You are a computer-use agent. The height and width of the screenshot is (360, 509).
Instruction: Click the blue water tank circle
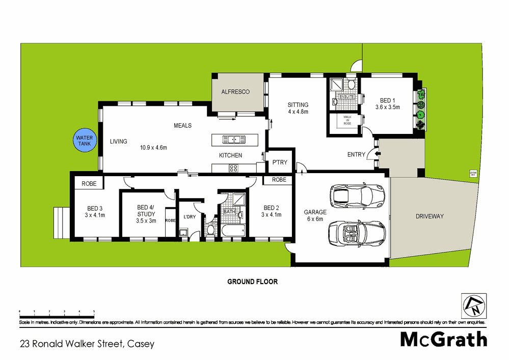coord(83,141)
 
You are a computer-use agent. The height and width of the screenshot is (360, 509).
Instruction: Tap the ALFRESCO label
coord(235,92)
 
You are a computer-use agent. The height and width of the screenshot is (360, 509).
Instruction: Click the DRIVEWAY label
coord(430,216)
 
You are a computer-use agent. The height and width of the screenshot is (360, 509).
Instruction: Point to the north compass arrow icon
coord(474,306)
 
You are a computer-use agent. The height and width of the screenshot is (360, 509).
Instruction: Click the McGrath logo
coord(443,339)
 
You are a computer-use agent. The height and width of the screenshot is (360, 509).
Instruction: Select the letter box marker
coord(472,174)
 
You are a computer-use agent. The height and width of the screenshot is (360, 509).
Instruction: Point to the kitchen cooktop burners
coord(235,169)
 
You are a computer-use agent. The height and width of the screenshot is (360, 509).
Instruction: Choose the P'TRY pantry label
coord(280,162)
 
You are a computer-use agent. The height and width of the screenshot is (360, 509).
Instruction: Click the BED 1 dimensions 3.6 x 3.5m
coord(387,107)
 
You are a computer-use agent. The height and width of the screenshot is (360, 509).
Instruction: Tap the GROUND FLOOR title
coord(252,282)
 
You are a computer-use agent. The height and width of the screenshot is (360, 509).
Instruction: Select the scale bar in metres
coord(57,310)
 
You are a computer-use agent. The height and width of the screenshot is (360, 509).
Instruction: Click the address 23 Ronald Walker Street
coord(87,344)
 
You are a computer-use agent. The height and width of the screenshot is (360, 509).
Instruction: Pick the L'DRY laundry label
coord(190,217)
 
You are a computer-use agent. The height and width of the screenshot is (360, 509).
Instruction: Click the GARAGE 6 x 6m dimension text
coord(315,219)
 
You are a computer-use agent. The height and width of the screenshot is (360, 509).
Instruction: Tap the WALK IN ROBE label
coord(347,120)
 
